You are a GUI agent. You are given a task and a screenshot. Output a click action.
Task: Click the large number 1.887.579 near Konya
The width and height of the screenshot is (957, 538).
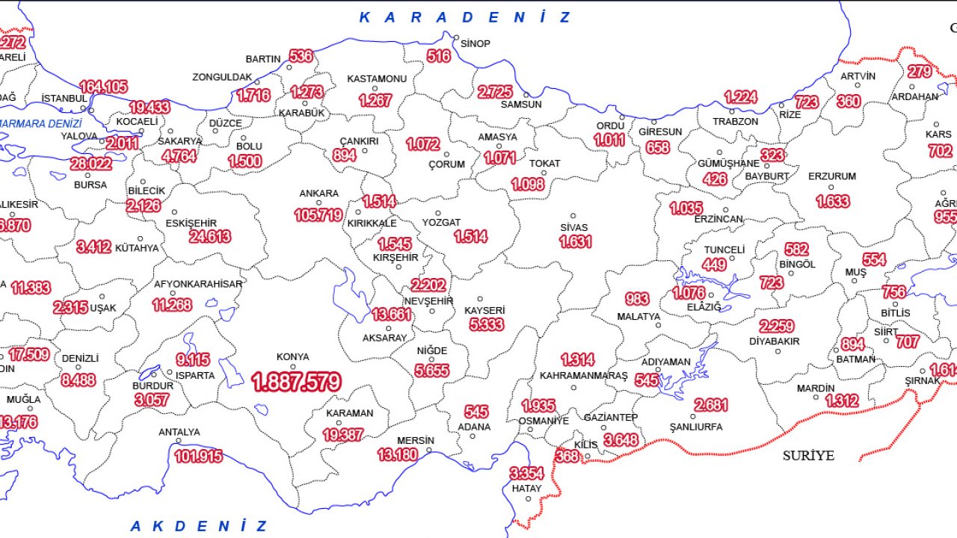(297, 383)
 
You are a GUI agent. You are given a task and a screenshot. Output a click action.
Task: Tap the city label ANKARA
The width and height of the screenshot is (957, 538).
(319, 194)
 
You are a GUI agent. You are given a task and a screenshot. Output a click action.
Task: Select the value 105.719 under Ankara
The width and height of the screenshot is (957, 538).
(319, 215)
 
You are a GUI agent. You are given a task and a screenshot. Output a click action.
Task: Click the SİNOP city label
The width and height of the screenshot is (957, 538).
(476, 44)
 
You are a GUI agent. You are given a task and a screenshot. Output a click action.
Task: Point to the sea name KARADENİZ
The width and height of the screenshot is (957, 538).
(465, 17)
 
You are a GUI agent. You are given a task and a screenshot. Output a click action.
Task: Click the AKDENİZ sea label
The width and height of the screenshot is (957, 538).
(198, 526)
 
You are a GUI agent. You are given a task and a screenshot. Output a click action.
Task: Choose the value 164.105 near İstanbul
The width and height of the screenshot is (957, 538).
(103, 87)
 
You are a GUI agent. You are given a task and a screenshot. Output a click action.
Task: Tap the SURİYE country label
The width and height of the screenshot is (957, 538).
(808, 455)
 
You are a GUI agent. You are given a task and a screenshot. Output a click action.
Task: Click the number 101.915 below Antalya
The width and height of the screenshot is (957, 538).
(198, 456)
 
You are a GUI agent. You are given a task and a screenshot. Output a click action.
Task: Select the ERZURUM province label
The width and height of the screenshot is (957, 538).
(832, 177)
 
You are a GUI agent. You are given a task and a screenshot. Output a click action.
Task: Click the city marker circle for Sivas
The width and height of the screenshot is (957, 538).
(573, 216)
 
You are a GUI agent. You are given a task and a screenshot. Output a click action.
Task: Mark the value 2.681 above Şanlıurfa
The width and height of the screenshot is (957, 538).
(710, 404)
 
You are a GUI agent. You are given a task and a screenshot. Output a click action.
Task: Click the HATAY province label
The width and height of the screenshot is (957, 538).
(526, 489)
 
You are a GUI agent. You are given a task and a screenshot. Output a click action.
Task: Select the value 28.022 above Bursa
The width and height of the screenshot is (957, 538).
(91, 164)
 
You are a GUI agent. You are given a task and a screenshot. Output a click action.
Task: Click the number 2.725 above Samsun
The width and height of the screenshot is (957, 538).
(495, 92)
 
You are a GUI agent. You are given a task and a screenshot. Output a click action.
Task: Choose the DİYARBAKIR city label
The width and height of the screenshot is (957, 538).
(775, 341)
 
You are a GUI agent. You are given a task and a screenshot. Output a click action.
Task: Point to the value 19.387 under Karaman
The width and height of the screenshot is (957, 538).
(343, 434)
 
